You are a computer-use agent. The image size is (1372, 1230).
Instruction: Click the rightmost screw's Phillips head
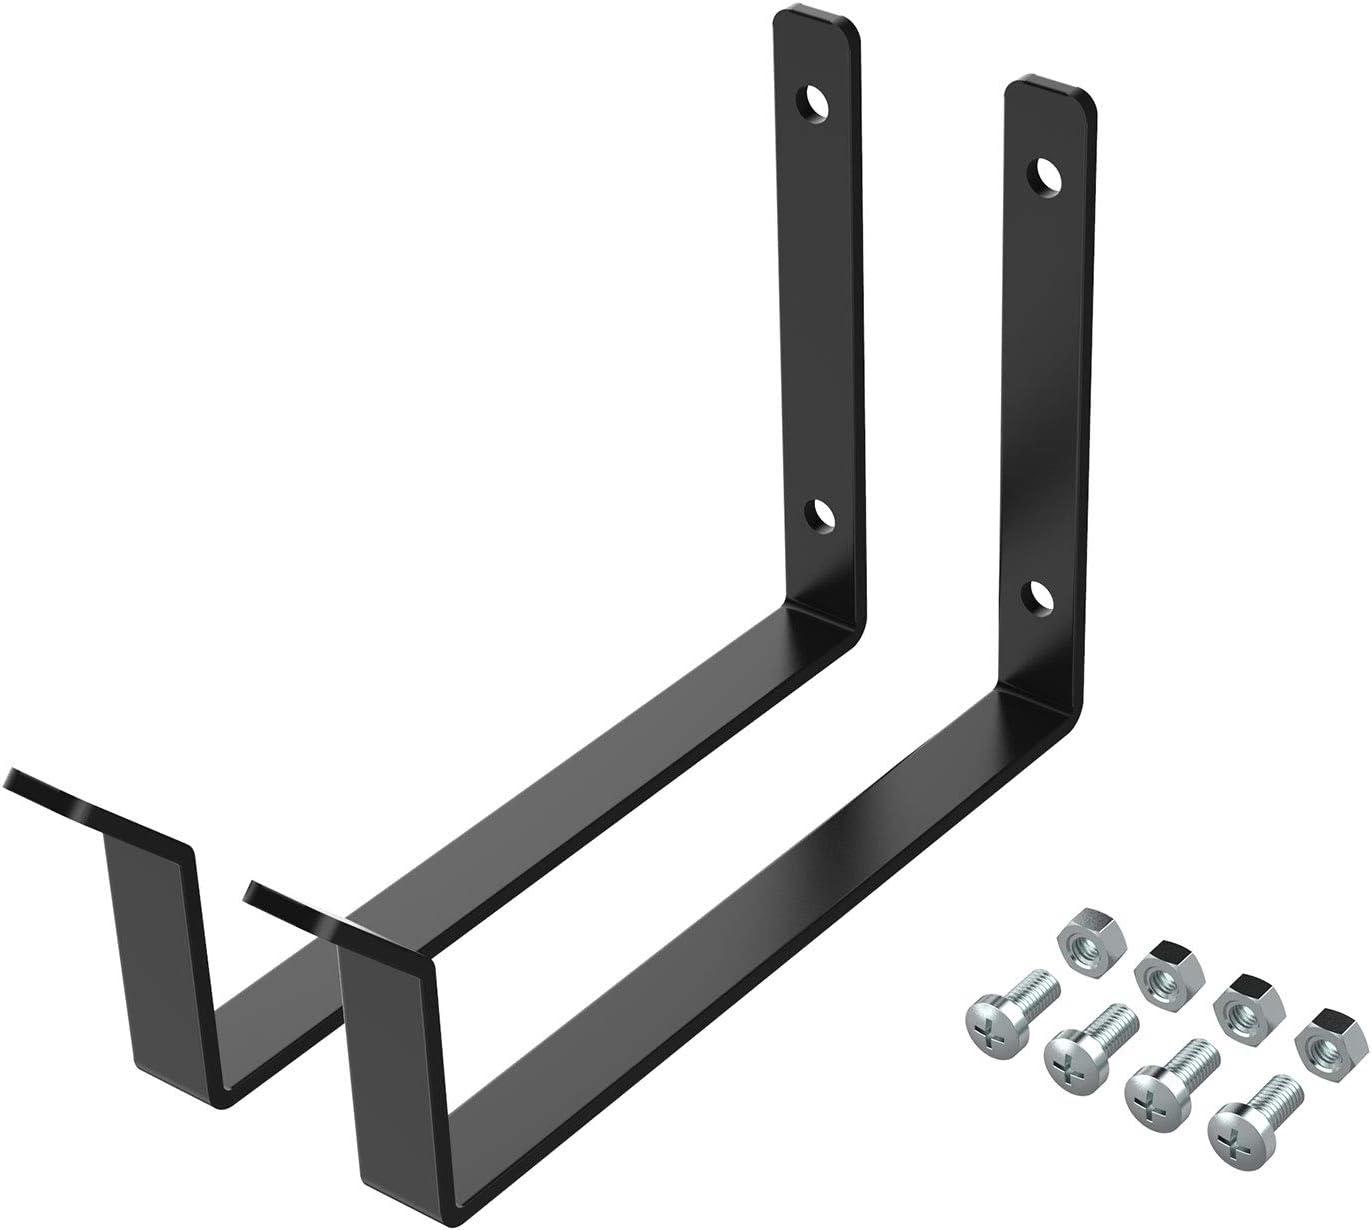[x=1229, y=1133]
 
